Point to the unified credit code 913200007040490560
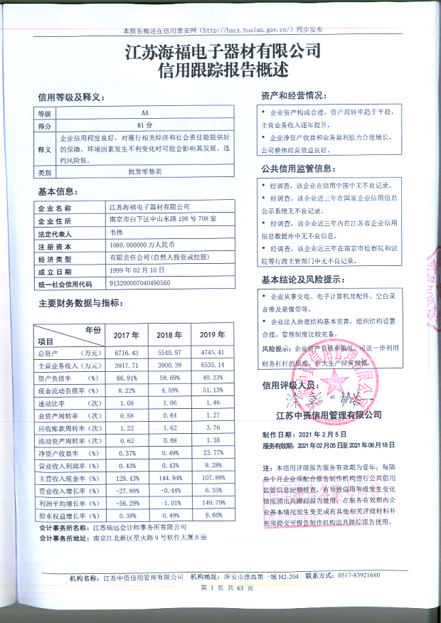(144, 283)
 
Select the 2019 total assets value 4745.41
(213, 353)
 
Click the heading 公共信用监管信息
(297, 169)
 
